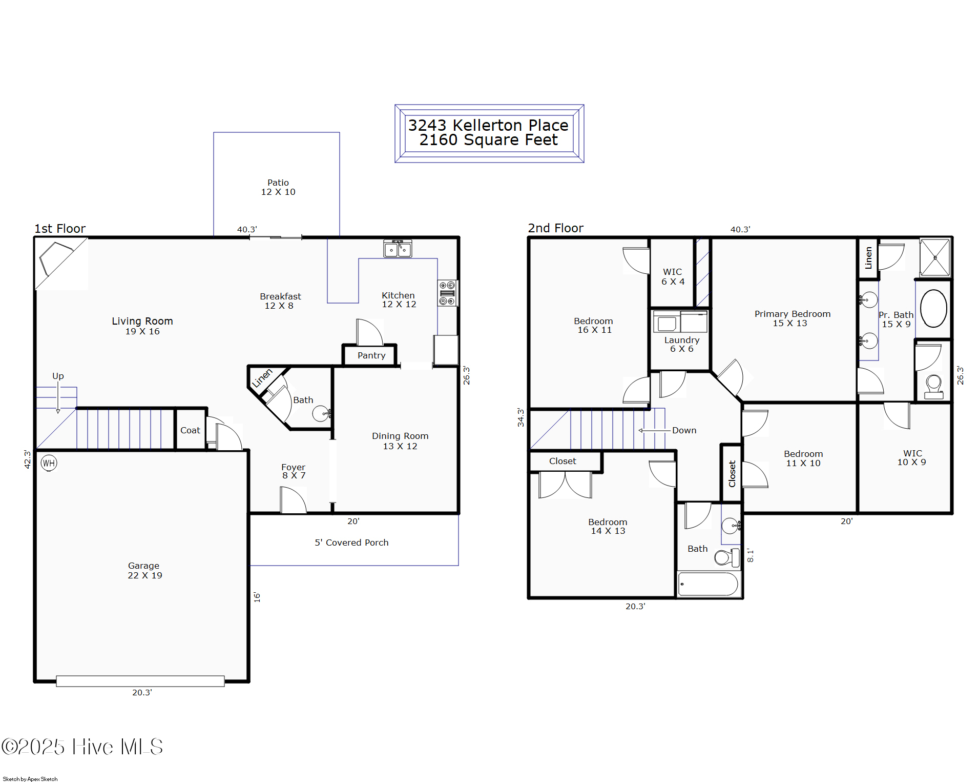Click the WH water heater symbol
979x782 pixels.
pos(49,463)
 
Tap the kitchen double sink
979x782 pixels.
pos(398,249)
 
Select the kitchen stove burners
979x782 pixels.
pos(447,293)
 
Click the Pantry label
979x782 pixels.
pos(371,355)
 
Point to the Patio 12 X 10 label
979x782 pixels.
pos(278,187)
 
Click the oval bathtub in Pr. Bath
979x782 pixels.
pos(933,308)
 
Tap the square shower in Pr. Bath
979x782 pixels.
pos(934,257)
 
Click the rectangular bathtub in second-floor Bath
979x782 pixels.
pos(708,584)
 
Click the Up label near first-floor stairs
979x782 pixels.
pos(58,376)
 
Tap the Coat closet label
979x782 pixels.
pos(190,430)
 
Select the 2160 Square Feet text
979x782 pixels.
pos(488,140)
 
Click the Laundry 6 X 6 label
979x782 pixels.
pos(681,344)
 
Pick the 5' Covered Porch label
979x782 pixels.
pos(351,543)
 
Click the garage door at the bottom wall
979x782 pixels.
pos(140,681)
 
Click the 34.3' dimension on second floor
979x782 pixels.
pos(520,417)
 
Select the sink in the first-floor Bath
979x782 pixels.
pos(321,413)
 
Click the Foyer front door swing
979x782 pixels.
pos(293,500)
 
